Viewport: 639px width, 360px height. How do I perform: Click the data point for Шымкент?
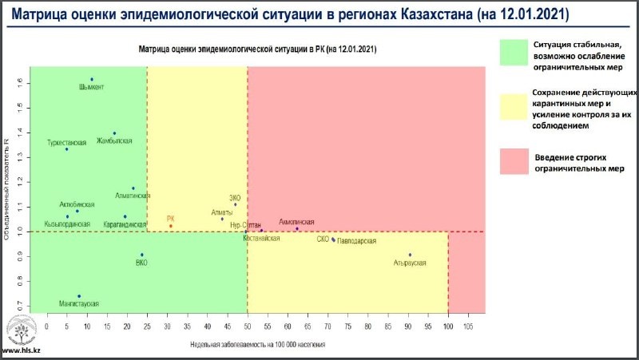[x=92, y=79]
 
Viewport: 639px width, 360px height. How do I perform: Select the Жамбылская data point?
[x=114, y=133]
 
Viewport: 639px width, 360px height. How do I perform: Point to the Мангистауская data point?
[x=79, y=296]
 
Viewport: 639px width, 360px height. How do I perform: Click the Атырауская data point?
[x=410, y=255]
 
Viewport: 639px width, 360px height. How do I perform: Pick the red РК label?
[x=170, y=218]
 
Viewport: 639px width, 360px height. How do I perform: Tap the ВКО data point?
[x=142, y=255]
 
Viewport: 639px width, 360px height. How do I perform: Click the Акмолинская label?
[x=297, y=221]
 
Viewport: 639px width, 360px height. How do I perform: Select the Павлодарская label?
[x=356, y=241]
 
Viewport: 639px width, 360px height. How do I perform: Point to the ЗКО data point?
[x=236, y=204]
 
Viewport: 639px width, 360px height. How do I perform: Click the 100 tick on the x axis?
[x=448, y=326]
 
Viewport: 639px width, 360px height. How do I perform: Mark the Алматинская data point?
[x=133, y=188]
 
